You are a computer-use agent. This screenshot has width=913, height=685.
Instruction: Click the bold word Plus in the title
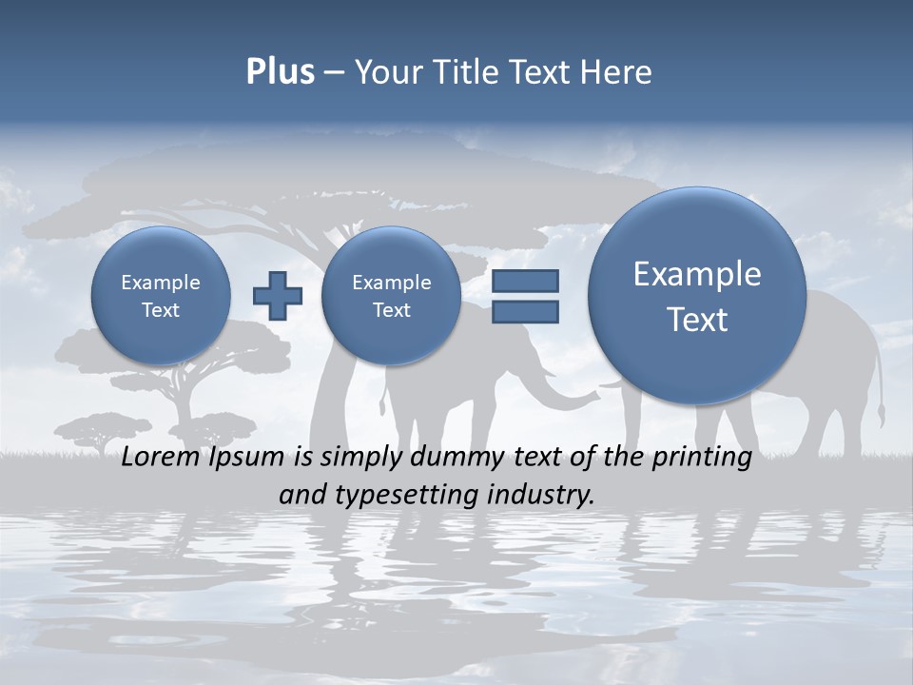tap(280, 72)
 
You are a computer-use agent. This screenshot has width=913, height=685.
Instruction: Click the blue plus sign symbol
tap(277, 295)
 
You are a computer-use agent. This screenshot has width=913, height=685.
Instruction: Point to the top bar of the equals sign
tap(524, 281)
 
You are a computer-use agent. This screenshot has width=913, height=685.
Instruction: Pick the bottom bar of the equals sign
tap(524, 311)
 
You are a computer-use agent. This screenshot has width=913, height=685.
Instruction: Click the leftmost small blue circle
tap(160, 295)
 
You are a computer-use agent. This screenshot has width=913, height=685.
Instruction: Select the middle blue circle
tap(391, 295)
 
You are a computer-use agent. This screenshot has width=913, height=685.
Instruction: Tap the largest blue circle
tap(697, 296)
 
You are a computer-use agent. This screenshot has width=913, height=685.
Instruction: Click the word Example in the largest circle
tap(697, 274)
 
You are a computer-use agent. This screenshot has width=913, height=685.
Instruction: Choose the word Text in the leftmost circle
tap(160, 310)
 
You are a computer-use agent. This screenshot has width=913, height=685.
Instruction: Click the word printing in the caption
tap(702, 458)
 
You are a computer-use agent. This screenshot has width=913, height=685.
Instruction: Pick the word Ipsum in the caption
tap(246, 458)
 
